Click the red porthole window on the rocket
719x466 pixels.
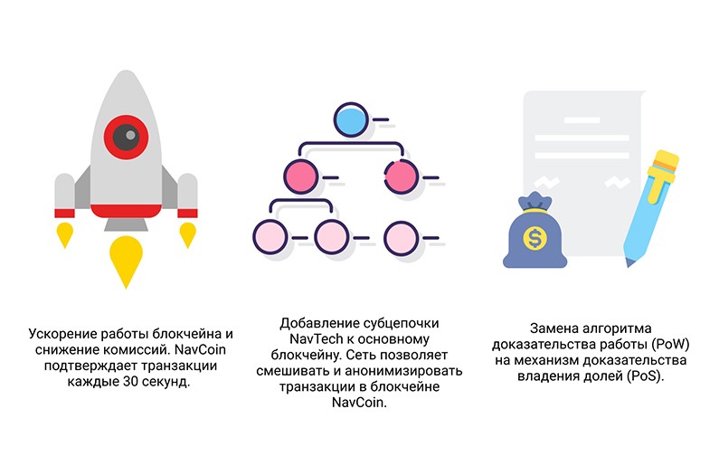coord(126,137)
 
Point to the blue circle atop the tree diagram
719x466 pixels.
coord(351,119)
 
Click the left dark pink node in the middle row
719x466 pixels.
coord(301,177)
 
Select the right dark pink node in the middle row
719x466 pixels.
coord(401,177)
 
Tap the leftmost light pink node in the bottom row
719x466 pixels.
coord(270,238)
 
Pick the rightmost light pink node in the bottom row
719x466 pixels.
coord(401,238)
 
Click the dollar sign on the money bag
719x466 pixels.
coord(535,238)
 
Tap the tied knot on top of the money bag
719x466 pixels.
coord(535,202)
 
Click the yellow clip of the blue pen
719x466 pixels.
coord(661,178)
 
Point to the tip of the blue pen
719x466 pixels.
coord(629,263)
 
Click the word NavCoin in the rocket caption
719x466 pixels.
coord(201,349)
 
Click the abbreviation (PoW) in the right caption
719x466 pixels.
coord(671,345)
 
